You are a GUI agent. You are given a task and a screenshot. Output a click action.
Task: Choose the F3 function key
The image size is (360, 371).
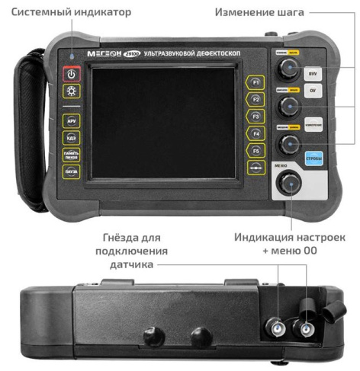[256, 117]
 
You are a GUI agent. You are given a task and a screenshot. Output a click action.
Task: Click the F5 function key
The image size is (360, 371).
[256, 151]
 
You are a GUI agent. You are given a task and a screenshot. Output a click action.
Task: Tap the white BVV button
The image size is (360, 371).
[312, 75]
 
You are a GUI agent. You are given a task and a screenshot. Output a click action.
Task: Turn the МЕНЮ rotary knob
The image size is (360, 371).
[290, 184]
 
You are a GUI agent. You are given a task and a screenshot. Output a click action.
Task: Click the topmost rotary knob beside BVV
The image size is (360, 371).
[288, 71]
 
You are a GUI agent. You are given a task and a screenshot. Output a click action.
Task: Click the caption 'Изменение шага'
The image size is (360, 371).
[262, 13]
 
